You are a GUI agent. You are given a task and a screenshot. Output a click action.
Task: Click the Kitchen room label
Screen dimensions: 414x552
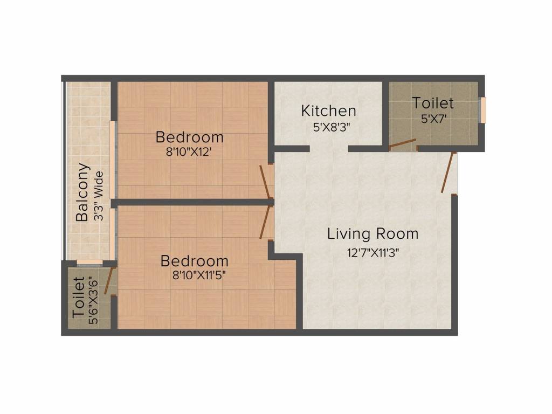click(x=328, y=111)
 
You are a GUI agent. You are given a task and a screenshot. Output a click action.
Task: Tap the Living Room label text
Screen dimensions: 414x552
click(x=372, y=234)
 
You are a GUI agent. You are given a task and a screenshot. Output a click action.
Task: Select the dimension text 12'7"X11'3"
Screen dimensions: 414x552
click(x=373, y=251)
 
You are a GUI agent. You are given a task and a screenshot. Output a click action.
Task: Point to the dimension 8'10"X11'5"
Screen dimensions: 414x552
click(x=195, y=276)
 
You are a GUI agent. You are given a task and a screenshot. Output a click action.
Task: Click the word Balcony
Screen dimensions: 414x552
click(x=82, y=192)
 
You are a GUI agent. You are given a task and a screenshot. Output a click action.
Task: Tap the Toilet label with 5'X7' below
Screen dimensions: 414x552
click(x=433, y=102)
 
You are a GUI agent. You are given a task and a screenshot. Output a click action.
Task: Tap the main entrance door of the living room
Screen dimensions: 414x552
click(x=447, y=173)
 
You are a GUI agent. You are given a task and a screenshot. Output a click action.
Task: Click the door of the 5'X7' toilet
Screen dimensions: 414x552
click(x=403, y=143)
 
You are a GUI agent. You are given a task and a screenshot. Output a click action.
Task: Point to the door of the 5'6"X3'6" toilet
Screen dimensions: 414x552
click(x=109, y=281)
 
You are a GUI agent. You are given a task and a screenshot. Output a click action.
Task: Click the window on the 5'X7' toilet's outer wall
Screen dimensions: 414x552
click(x=483, y=109)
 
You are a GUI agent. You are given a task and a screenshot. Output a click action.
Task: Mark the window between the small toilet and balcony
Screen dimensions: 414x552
click(x=89, y=263)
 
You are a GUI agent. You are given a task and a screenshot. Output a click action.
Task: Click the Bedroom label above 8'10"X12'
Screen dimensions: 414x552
click(x=189, y=137)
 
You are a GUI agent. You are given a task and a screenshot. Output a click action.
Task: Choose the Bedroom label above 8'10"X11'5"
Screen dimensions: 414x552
click(x=195, y=261)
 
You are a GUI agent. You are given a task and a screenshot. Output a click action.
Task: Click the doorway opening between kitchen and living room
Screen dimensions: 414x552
click(x=329, y=149)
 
